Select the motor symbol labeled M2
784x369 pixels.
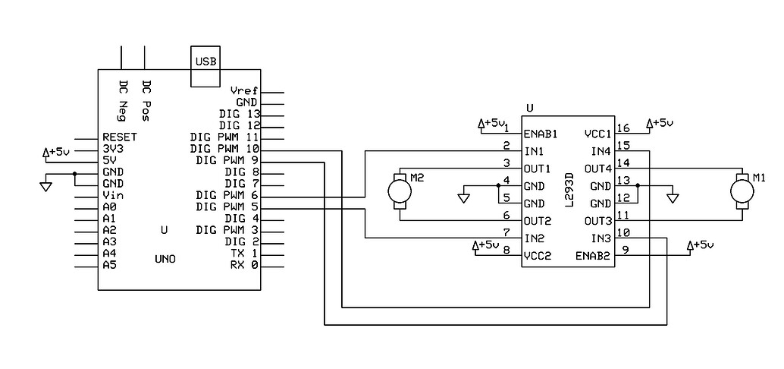point(400,191)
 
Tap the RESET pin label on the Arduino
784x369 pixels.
point(119,137)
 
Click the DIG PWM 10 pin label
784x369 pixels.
point(225,149)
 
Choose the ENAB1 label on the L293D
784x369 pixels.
point(541,134)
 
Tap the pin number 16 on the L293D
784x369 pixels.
point(623,128)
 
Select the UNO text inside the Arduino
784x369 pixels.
point(165,259)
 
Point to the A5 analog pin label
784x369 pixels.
point(109,265)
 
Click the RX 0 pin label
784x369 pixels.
point(243,265)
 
